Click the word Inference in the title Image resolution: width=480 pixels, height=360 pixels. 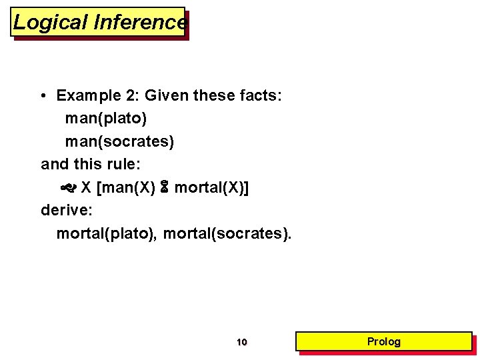(x=140, y=23)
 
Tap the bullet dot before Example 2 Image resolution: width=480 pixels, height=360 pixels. (x=43, y=96)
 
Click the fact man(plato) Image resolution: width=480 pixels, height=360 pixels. (x=106, y=119)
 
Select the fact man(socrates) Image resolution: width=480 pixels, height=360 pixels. (x=119, y=142)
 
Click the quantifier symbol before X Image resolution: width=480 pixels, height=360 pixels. (x=68, y=188)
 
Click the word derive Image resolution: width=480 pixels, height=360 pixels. (x=64, y=211)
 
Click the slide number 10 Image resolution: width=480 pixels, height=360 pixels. (x=241, y=343)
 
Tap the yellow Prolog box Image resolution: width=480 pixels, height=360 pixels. (x=384, y=342)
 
